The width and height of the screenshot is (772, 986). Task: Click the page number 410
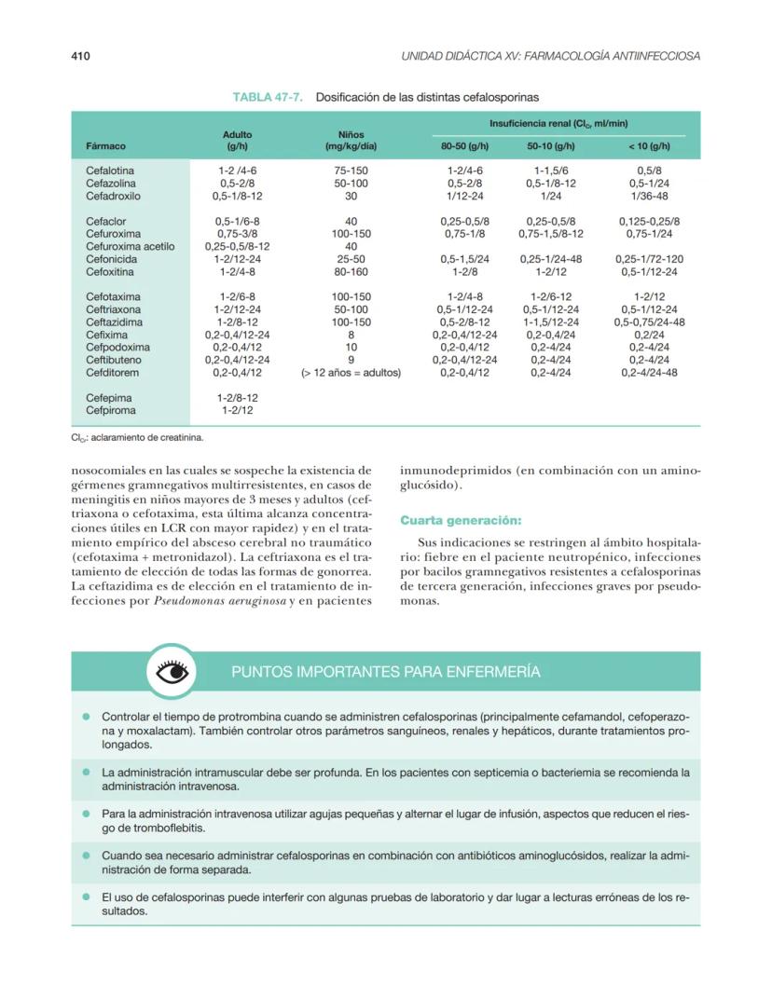click(80, 56)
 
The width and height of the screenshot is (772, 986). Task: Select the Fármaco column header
click(105, 146)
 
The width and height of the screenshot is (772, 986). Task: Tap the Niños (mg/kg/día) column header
click(351, 141)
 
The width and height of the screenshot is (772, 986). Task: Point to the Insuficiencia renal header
click(558, 123)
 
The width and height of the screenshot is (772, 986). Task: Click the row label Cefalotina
click(110, 171)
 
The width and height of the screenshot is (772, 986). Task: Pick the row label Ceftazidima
click(114, 322)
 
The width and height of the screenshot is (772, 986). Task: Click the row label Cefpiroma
click(111, 409)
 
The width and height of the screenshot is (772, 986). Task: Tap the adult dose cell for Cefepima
click(238, 397)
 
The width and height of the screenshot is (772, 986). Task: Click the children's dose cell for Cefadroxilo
click(351, 197)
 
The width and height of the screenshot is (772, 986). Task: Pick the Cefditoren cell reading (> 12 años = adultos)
click(351, 373)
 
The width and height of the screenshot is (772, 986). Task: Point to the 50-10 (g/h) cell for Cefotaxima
click(551, 297)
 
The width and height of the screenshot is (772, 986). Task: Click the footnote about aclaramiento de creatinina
click(138, 436)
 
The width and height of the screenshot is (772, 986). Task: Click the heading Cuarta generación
click(461, 520)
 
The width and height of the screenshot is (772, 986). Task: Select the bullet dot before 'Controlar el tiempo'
click(85, 718)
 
